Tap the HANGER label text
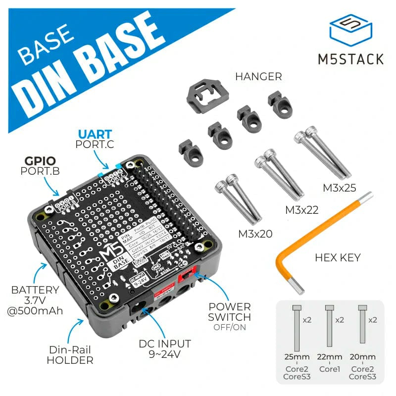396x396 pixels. (x=258, y=77)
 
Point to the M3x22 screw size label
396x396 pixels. (x=301, y=210)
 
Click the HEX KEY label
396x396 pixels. (x=338, y=257)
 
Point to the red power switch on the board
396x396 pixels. (x=189, y=271)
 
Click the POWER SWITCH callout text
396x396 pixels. (x=229, y=312)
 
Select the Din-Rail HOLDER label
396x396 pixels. (x=70, y=355)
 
